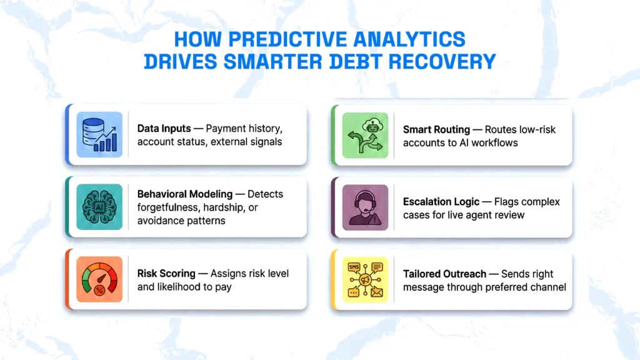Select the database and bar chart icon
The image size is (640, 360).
(99, 135)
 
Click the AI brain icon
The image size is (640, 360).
(99, 207)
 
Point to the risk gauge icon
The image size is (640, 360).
(99, 279)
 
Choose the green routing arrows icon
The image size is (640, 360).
(365, 136)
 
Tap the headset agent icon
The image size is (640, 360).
(365, 207)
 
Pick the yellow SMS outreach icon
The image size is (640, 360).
(365, 279)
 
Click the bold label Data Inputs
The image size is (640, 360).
(164, 129)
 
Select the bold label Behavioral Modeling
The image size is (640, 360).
(185, 194)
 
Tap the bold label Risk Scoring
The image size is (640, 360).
(166, 274)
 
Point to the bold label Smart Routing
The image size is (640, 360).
(436, 130)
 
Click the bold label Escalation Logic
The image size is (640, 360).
(441, 202)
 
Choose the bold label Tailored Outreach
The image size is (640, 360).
(444, 274)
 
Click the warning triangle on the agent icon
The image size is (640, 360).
(375, 220)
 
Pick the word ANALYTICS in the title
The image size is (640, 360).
(409, 39)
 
